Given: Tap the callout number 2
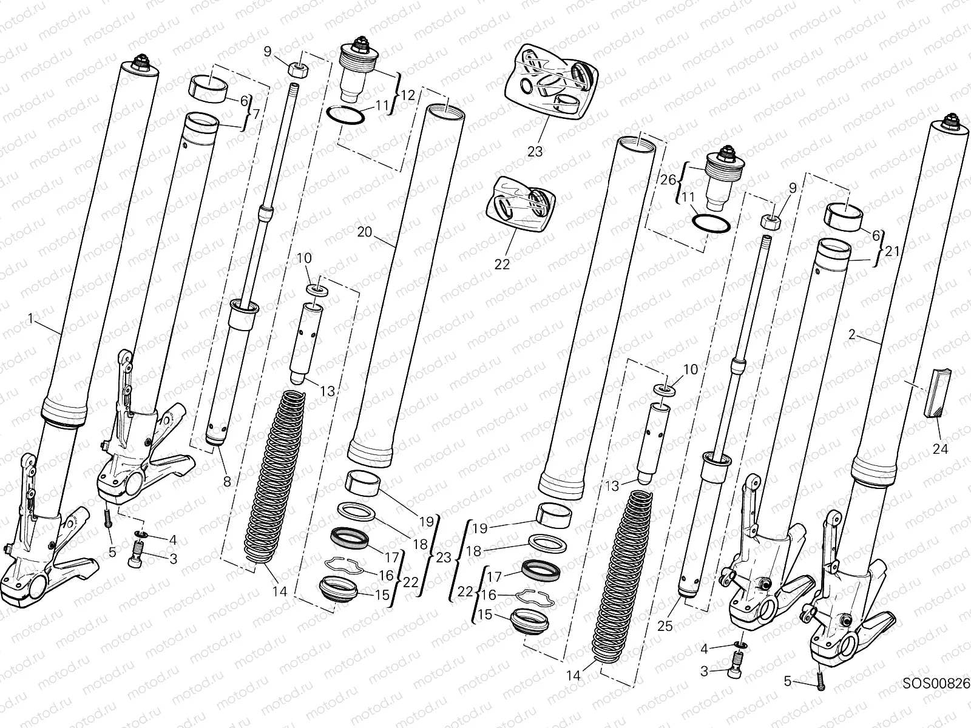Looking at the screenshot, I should click(x=852, y=334).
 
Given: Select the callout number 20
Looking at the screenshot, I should click(x=364, y=231).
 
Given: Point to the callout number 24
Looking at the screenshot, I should click(x=940, y=449).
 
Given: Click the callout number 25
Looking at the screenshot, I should click(x=665, y=625).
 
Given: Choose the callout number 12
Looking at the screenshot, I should click(x=408, y=95).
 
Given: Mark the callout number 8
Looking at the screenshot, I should click(x=226, y=482).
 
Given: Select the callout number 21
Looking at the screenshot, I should click(x=891, y=250).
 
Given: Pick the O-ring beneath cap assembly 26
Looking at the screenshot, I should click(x=711, y=223).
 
